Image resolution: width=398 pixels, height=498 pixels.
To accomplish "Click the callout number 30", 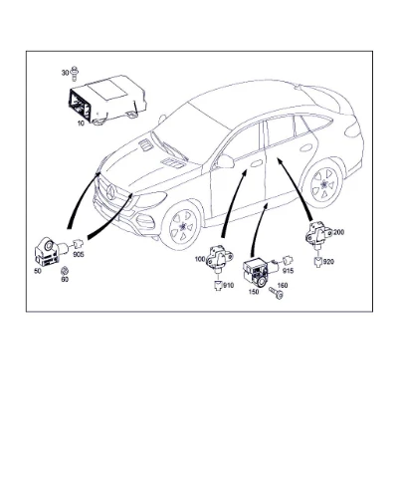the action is tap(65, 73).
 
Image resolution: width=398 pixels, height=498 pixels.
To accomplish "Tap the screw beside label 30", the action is tap(75, 74).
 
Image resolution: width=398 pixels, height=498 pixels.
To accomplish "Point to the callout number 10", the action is tap(81, 124).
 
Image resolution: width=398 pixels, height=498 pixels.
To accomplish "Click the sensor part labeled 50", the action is tap(50, 251).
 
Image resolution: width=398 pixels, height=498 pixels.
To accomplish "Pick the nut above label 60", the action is tap(65, 270).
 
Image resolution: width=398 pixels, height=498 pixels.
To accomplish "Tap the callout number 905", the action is tap(79, 255).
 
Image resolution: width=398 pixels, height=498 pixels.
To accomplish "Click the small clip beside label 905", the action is tap(78, 244).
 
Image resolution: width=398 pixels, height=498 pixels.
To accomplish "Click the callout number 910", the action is tap(228, 285).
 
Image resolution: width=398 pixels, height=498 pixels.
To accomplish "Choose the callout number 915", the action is tap(288, 271).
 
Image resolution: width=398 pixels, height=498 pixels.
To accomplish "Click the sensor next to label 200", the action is tap(317, 235).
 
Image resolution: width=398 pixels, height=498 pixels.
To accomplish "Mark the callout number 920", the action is tap(328, 262).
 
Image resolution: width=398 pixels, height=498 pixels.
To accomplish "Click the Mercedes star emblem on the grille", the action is tap(110, 192).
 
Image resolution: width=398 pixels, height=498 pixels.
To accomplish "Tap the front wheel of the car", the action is tap(183, 226).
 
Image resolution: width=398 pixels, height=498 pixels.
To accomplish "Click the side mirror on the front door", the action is tap(225, 161).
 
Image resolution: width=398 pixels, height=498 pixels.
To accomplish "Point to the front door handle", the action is tap(257, 163).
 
